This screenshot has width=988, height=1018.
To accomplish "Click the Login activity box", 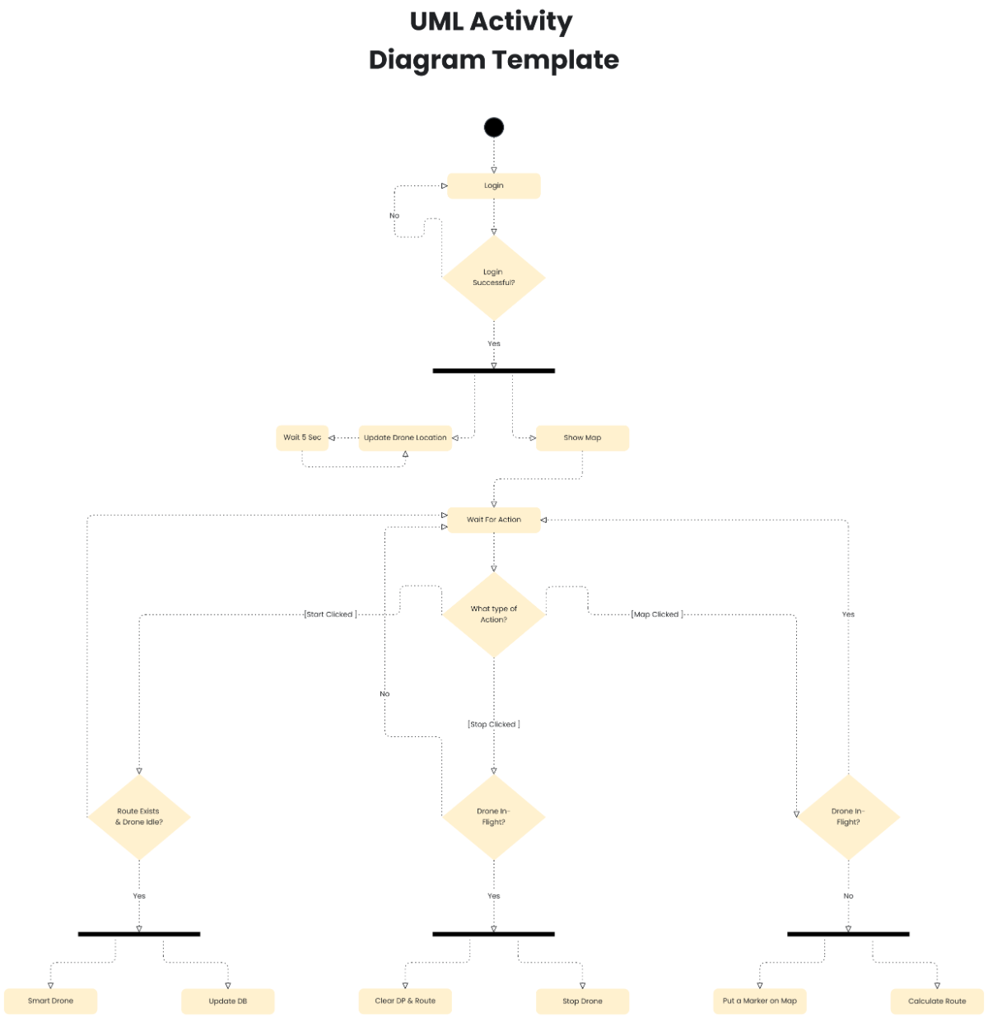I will [x=493, y=185].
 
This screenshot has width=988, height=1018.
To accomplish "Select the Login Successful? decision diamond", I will [x=493, y=278].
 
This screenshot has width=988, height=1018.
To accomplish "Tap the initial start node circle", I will [x=493, y=127].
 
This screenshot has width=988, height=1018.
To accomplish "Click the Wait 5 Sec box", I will [x=301, y=437].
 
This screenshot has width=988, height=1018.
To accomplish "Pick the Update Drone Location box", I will [x=405, y=437].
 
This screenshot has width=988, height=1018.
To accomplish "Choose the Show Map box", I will [x=582, y=437].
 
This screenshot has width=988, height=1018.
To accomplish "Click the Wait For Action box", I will [x=493, y=520].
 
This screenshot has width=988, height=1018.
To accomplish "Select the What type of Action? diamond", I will [x=493, y=614].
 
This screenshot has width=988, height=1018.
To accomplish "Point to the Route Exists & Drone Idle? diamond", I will [x=138, y=816].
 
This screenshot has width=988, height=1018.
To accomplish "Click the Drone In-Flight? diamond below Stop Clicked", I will [x=493, y=816].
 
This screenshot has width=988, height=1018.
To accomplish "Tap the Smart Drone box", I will [x=50, y=1001].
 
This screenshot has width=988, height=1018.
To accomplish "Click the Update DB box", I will [x=227, y=1001].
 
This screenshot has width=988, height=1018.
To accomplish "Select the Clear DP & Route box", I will [x=404, y=1001].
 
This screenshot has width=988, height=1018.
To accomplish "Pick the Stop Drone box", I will [x=582, y=1001].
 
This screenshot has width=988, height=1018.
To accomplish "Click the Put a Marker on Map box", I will [x=759, y=1001].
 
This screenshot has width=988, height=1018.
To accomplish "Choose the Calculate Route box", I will [x=937, y=1001].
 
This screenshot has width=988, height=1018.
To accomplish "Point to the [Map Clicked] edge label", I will [x=656, y=614].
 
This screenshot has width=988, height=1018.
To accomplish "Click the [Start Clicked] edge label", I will [x=330, y=614].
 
